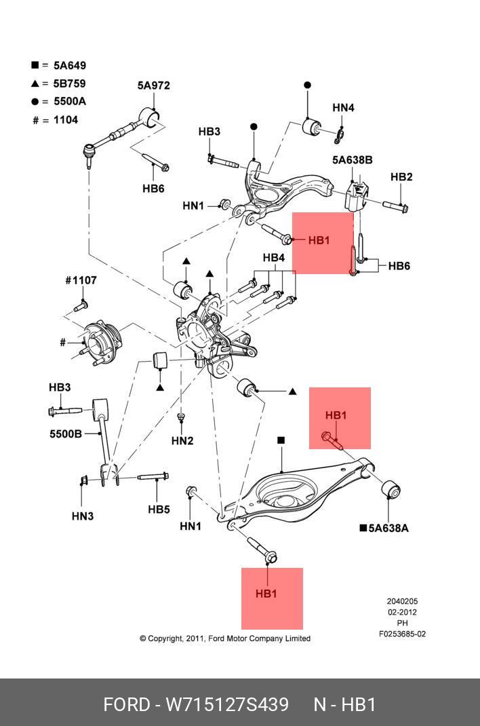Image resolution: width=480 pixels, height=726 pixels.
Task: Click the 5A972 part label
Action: pyautogui.click(x=153, y=85)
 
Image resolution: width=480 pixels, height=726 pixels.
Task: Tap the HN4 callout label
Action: pyautogui.click(x=343, y=108)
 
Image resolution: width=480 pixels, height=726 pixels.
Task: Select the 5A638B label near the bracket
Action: pyautogui.click(x=352, y=160)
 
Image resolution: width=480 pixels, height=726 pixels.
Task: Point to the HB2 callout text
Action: pyautogui.click(x=401, y=177)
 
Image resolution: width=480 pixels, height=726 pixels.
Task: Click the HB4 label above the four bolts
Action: pyautogui.click(x=273, y=258)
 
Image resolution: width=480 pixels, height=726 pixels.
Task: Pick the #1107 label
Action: pyautogui.click(x=81, y=280)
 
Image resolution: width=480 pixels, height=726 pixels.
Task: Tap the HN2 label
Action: pyautogui.click(x=182, y=441)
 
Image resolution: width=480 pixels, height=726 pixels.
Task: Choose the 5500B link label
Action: pyautogui.click(x=65, y=434)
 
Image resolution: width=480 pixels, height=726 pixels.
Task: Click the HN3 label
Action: pyautogui.click(x=83, y=516)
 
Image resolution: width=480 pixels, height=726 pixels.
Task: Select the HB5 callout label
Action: pyautogui.click(x=159, y=509)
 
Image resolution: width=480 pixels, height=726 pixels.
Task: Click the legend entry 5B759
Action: pyautogui.click(x=69, y=83)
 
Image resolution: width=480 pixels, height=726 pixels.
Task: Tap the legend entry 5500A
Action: pyautogui.click(x=70, y=102)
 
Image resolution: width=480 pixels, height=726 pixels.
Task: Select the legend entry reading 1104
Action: pyautogui.click(x=65, y=120)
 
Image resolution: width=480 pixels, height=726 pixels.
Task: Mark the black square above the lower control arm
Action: pyautogui.click(x=281, y=440)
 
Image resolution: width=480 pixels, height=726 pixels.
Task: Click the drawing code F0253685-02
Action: pyautogui.click(x=402, y=634)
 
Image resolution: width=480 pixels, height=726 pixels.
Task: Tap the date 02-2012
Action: pyautogui.click(x=402, y=612)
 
